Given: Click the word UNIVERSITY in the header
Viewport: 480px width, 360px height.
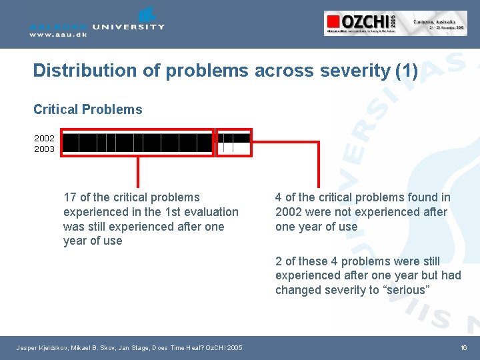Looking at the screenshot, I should click(129, 27).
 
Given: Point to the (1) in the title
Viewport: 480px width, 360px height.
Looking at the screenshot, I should click(406, 70).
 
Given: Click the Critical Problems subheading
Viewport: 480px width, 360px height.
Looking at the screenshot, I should click(87, 109).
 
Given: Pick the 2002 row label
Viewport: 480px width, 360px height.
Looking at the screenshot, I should click(45, 139).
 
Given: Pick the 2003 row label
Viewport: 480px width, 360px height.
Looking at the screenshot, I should click(45, 149).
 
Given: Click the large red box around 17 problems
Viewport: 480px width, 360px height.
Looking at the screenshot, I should click(138, 143).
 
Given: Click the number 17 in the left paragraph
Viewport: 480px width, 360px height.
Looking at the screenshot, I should click(69, 197).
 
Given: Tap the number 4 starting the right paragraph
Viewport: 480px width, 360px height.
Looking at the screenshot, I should click(279, 197).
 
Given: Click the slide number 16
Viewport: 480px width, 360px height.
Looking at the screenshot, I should click(463, 347).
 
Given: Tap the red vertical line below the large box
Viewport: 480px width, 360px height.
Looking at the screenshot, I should click(138, 172).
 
